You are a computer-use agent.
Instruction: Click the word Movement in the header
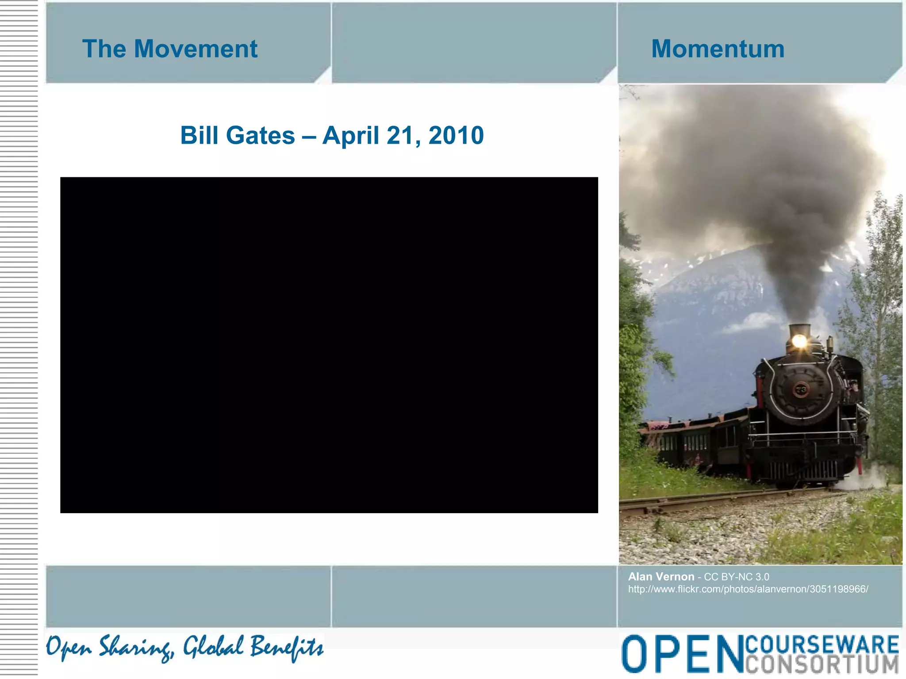coord(196,49)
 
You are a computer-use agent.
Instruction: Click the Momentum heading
coord(718,49)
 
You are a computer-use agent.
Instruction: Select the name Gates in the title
coord(260,135)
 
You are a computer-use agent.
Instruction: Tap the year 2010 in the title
coord(456,135)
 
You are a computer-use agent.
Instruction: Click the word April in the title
coord(350,136)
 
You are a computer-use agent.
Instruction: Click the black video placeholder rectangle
coord(329,345)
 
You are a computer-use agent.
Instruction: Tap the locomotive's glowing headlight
coord(799,341)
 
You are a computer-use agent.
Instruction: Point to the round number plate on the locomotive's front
coord(800,390)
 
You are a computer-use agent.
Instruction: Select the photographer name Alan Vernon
coord(661,576)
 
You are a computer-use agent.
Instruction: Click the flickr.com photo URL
coord(748,589)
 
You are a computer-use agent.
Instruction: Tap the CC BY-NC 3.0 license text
coord(736,577)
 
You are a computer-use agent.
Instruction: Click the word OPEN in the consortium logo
coord(681,654)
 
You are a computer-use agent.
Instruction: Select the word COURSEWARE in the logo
coord(822,644)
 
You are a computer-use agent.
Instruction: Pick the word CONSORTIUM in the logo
coord(822,664)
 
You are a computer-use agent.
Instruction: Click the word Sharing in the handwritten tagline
coord(135,648)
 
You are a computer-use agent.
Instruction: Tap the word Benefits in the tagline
coord(287,647)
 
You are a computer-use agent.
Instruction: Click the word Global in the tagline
coord(213,647)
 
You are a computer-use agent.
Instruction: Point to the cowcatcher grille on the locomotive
coord(803,471)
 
